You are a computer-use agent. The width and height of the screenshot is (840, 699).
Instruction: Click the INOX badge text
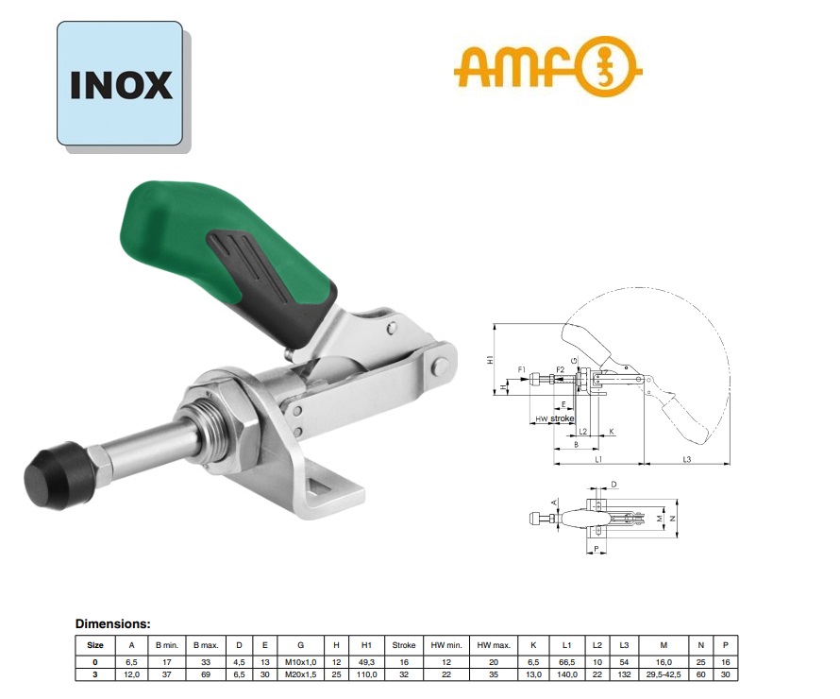[x=121, y=84]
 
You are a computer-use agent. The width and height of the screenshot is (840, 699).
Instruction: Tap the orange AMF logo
[x=547, y=68]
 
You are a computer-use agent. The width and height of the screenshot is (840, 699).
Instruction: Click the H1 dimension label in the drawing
[x=491, y=359]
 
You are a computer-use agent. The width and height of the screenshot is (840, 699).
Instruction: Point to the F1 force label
[x=521, y=368]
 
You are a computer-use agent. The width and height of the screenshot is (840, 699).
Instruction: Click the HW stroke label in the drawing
[x=554, y=418]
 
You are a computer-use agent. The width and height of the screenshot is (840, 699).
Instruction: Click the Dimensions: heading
[x=112, y=624]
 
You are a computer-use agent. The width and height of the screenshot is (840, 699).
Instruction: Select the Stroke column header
[x=404, y=645]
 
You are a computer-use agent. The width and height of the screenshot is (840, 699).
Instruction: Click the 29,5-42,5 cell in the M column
[x=664, y=674]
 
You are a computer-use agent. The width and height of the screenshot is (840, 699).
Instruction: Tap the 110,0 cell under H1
[x=366, y=674]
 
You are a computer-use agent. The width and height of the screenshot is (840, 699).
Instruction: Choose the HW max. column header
[x=493, y=645]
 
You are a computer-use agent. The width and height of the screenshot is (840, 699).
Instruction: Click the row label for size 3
[x=94, y=674]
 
